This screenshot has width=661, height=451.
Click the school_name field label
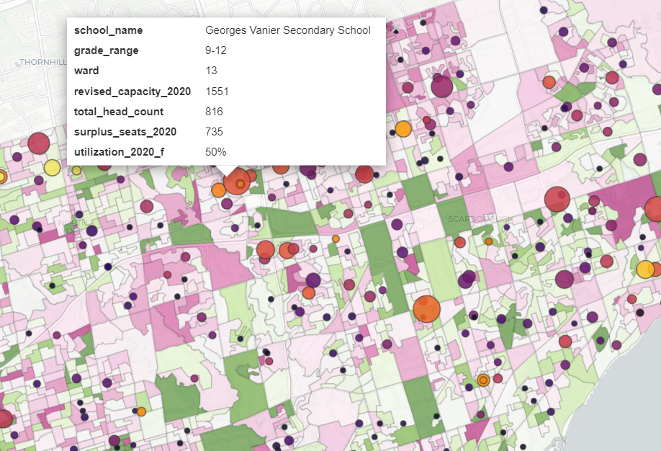pyautogui.click(x=109, y=30)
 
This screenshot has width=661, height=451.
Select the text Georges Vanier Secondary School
pyautogui.click(x=288, y=30)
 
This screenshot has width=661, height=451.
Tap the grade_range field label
pyautogui.click(x=107, y=50)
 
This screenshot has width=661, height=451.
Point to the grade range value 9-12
pyautogui.click(x=215, y=50)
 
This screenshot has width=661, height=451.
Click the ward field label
pyautogui.click(x=86, y=71)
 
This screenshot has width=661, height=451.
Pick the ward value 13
pyautogui.click(x=211, y=71)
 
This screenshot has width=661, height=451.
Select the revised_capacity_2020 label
pyautogui.click(x=132, y=91)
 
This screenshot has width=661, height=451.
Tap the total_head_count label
pyautogui.click(x=119, y=112)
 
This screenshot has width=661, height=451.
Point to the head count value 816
pyautogui.click(x=214, y=112)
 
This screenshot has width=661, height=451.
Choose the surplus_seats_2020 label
pyautogui.click(x=125, y=132)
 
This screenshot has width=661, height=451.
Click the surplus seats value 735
pyautogui.click(x=214, y=132)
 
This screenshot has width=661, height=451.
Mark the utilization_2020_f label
pyautogui.click(x=120, y=152)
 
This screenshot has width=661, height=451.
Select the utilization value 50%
pyautogui.click(x=216, y=152)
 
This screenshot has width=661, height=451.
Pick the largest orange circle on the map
pyautogui.click(x=426, y=308)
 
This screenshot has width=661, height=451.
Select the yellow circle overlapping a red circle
pyautogui.click(x=52, y=168)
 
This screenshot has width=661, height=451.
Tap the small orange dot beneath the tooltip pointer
pyautogui.click(x=240, y=184)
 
